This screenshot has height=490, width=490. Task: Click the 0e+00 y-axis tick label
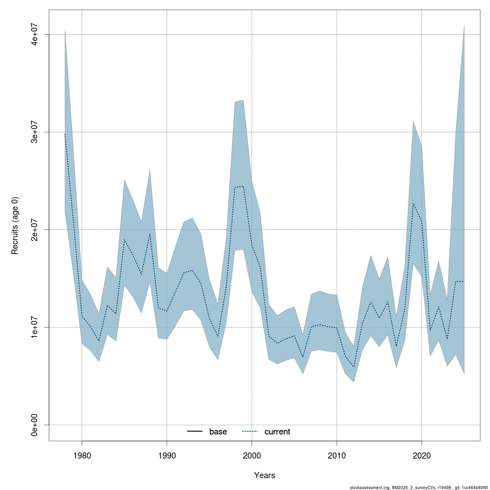coord(35,425)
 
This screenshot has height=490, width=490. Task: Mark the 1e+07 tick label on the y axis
coord(35,327)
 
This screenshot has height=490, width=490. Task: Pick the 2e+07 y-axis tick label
coord(35,229)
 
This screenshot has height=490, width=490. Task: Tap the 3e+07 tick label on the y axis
coord(35,132)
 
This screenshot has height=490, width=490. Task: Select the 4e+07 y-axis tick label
coord(35,34)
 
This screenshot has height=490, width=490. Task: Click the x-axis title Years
coord(265,475)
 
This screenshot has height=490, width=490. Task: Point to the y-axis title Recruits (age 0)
coord(15,225)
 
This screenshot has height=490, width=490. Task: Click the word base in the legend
coord(218,432)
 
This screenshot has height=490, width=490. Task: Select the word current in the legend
coord(277,432)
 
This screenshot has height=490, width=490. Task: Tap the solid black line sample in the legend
coord(195,432)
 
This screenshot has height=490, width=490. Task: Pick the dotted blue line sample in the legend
coord(250,432)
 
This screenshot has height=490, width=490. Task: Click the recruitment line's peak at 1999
coord(243,186)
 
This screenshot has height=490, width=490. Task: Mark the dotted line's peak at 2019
coord(413,203)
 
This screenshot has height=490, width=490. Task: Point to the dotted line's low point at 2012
coord(354,367)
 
